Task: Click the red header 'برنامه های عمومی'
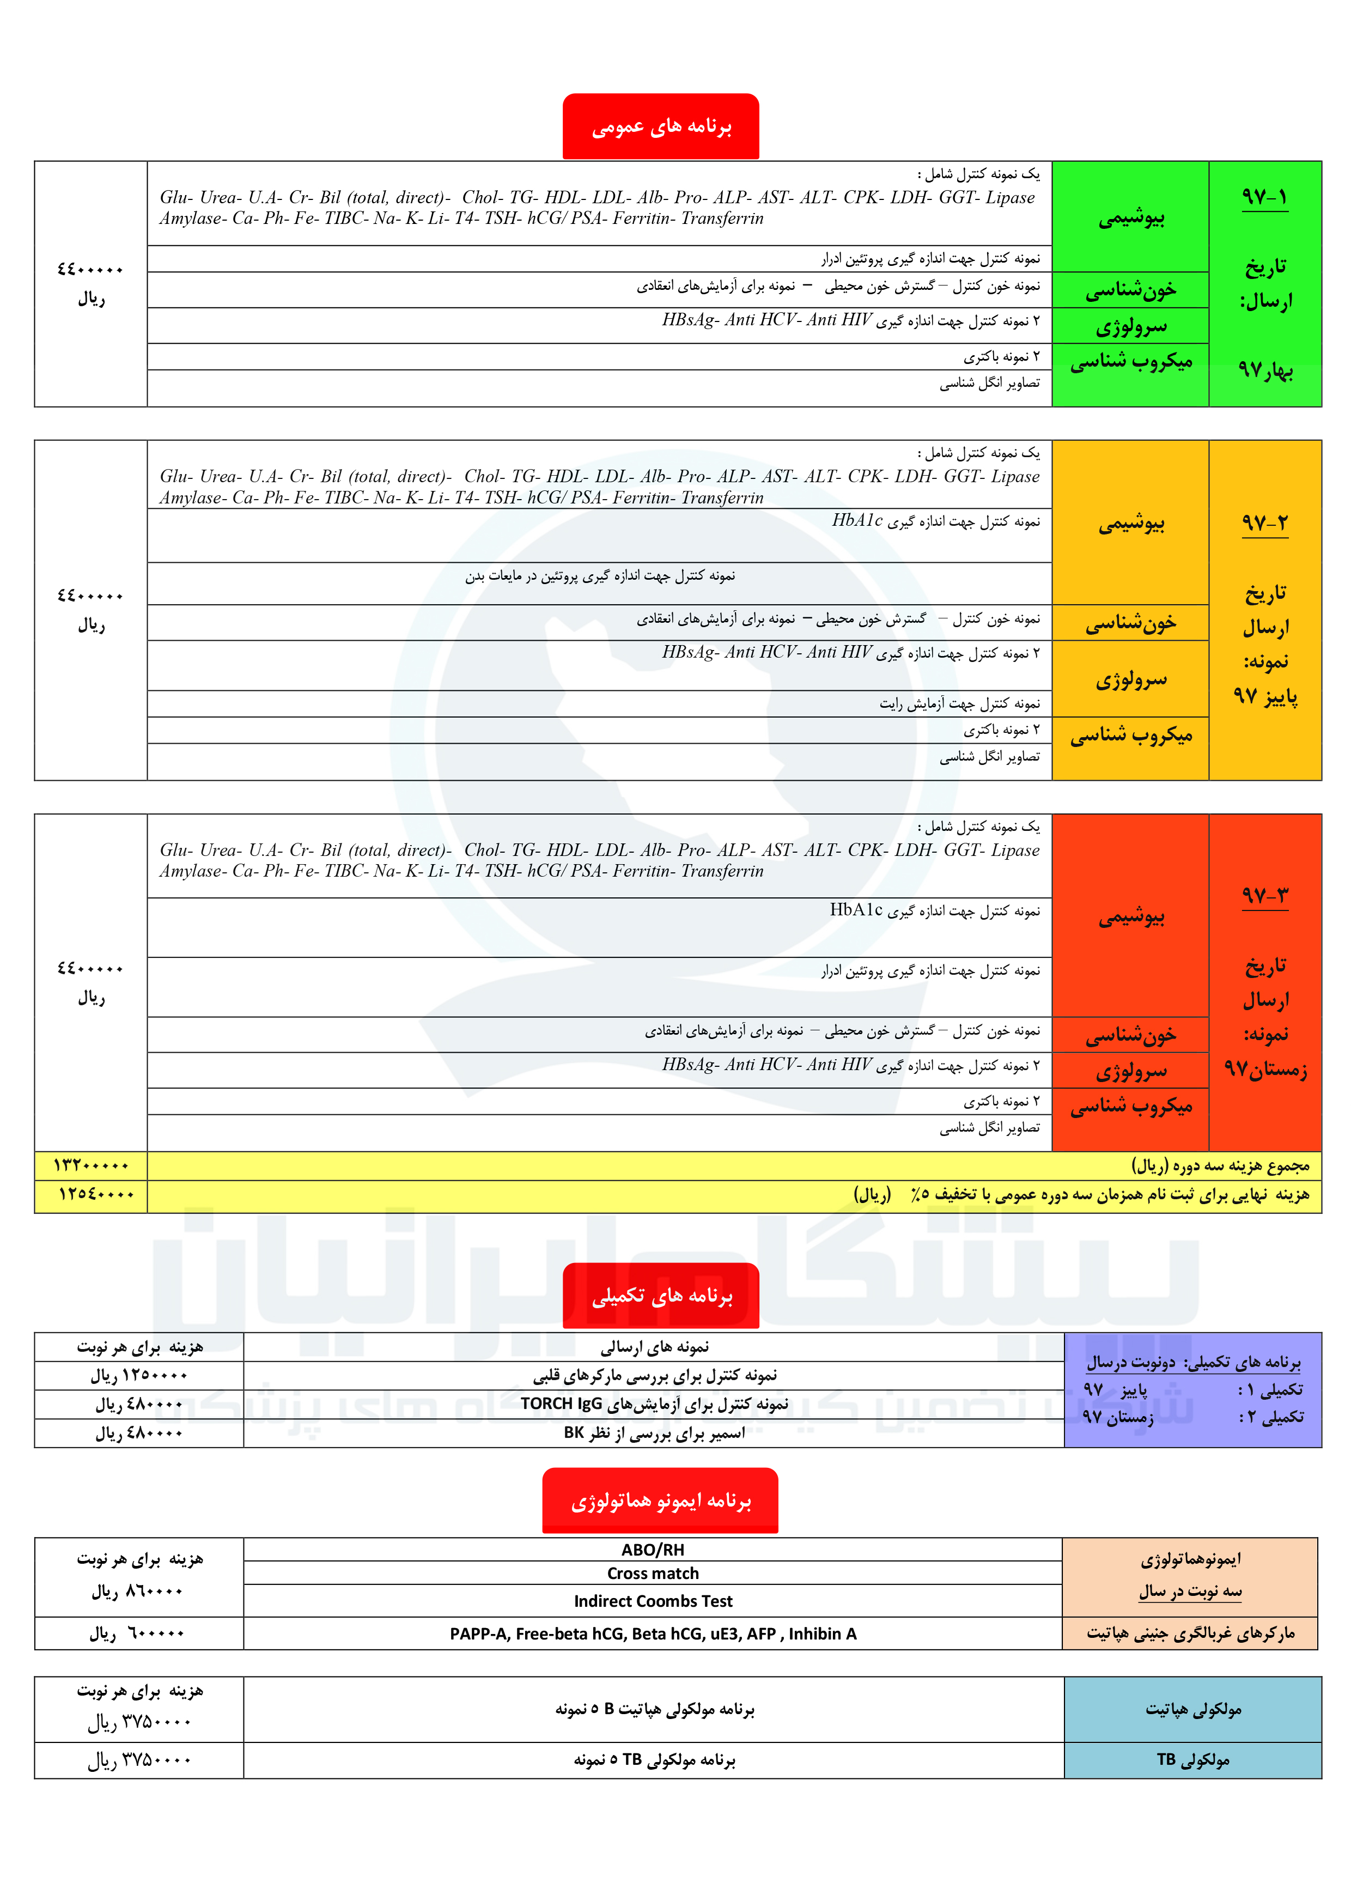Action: click(661, 126)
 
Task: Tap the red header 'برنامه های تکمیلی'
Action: click(661, 1296)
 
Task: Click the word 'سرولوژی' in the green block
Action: click(1130, 327)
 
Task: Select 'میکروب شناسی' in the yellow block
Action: click(1130, 734)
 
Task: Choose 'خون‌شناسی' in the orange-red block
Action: click(1130, 1035)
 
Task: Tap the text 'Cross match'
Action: click(653, 1573)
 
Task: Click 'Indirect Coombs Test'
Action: click(653, 1601)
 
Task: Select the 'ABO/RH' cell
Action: click(653, 1550)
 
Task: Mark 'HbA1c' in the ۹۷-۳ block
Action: click(856, 910)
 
